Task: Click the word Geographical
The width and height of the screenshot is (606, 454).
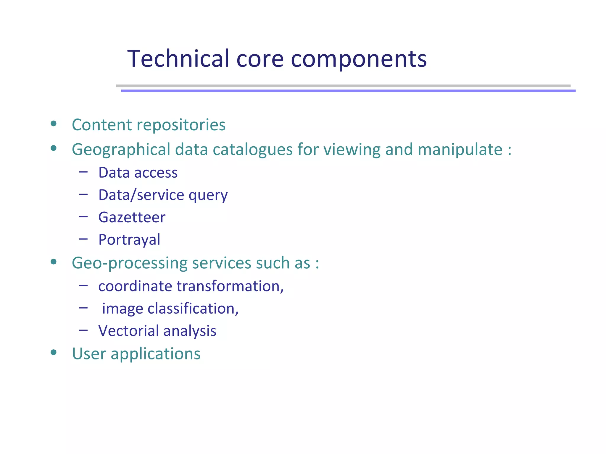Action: (x=121, y=149)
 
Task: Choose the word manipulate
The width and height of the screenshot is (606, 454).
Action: (x=460, y=149)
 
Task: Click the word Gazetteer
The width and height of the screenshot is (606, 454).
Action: (x=132, y=217)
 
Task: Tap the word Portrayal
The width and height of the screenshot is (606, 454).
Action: (x=129, y=239)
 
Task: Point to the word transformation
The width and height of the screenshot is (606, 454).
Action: (x=230, y=286)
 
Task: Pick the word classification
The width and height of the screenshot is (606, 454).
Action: (x=193, y=309)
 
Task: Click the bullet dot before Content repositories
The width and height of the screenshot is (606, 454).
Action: (x=54, y=124)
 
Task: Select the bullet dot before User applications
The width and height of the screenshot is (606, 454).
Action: (x=54, y=352)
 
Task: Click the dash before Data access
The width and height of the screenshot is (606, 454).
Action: (x=83, y=172)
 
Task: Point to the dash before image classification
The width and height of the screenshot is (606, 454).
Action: (x=83, y=308)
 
